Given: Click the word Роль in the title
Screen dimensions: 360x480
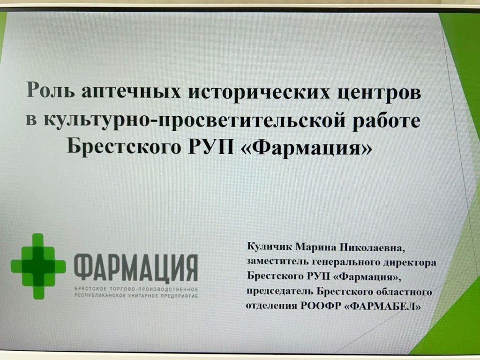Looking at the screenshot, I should pos(51,90).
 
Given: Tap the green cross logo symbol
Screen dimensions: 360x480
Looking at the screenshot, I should pos(38,266).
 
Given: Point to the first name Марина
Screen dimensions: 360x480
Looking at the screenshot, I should pos(311,247).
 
